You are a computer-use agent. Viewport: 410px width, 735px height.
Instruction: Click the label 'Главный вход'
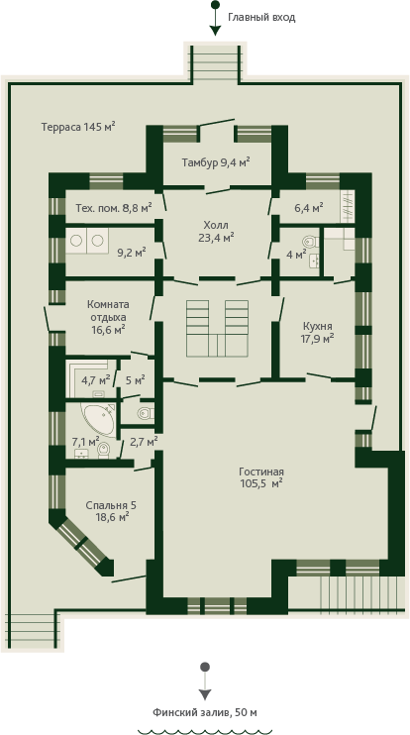261,18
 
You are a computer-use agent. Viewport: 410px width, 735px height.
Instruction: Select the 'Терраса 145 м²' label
78,127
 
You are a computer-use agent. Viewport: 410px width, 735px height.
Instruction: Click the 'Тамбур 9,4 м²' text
216,162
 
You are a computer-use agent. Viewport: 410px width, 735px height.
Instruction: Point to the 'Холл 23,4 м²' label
216,231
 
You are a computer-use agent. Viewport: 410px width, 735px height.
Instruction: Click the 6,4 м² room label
309,207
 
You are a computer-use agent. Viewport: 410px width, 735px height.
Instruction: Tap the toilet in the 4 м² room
310,243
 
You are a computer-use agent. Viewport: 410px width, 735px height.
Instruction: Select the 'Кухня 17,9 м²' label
318,332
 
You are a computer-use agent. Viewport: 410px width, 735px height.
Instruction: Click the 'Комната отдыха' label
108,310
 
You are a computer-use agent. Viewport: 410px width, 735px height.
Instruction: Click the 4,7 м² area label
96,379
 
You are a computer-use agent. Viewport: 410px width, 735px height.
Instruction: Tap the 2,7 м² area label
143,441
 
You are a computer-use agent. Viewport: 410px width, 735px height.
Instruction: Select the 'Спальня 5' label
111,505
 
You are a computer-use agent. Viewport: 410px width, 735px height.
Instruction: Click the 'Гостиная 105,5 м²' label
261,477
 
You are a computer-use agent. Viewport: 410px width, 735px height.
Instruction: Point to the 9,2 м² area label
131,254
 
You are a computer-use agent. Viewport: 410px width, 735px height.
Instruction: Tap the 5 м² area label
136,379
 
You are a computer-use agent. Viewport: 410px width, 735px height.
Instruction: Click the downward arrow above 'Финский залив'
205,682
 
